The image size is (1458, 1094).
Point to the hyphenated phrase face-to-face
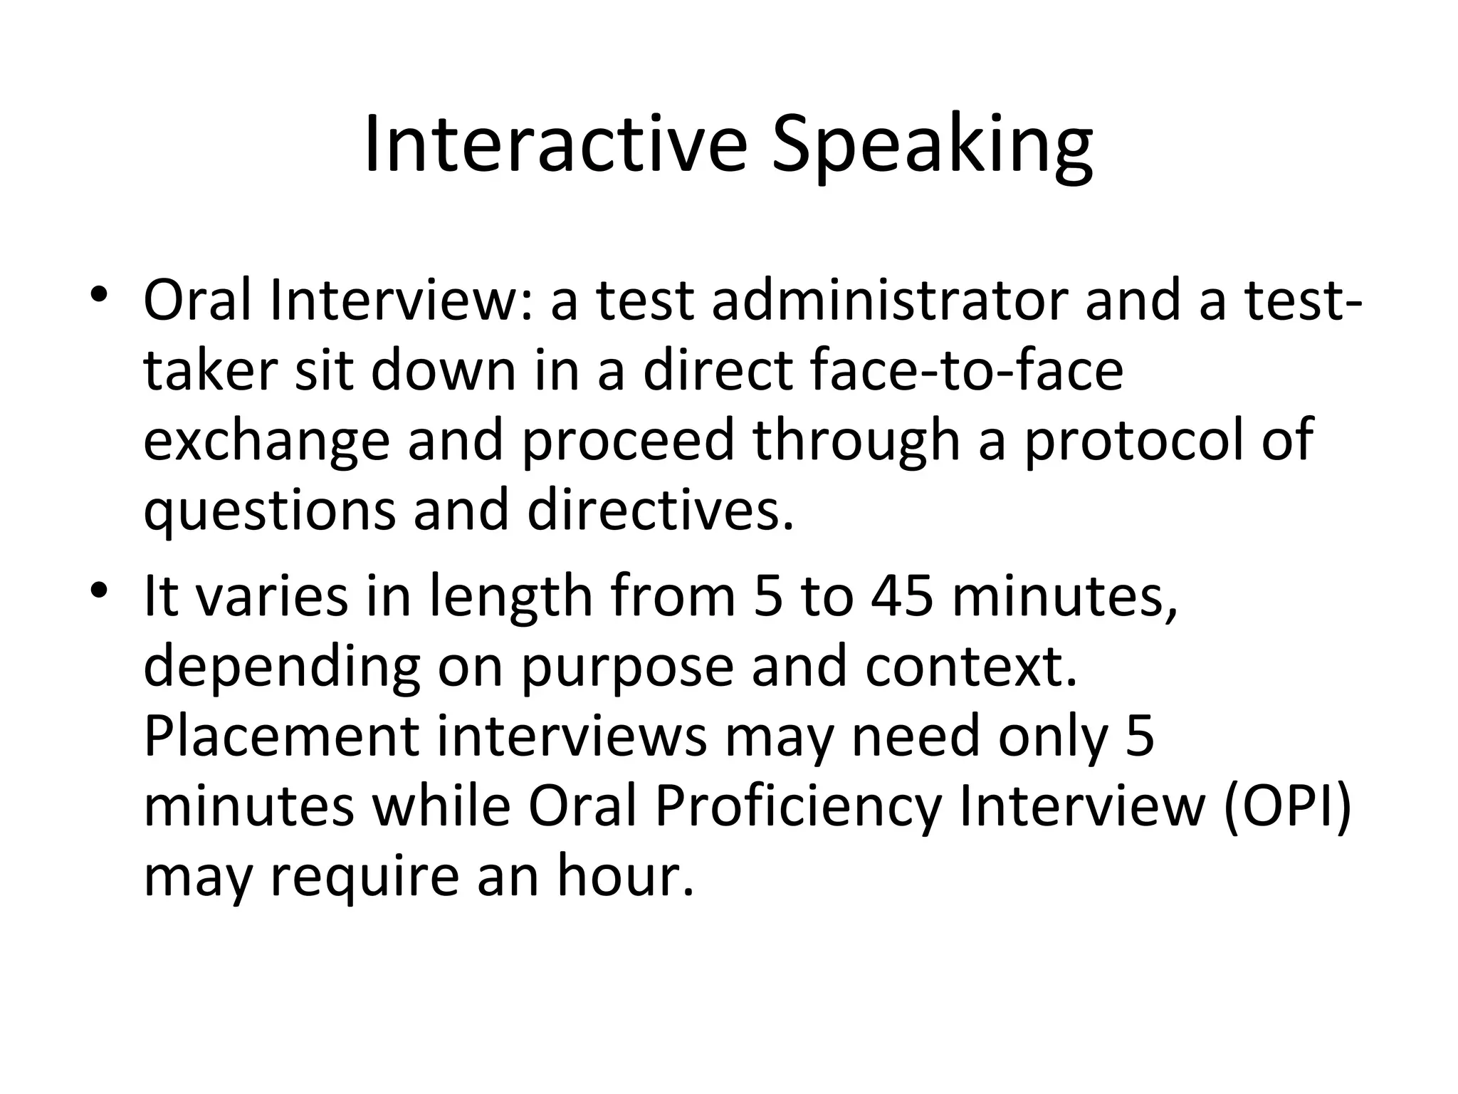point(883,370)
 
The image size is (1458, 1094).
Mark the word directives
point(659,510)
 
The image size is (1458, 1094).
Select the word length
point(511,597)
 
